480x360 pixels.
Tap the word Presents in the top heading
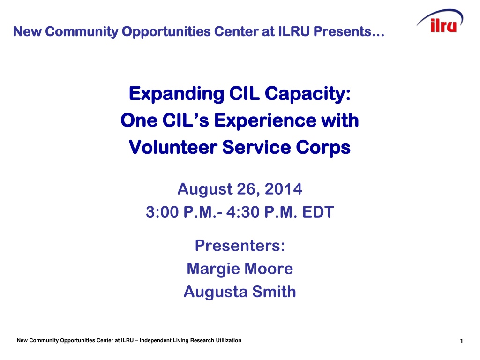click(349, 31)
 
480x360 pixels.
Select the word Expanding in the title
click(177, 94)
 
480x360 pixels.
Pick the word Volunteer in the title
click(173, 147)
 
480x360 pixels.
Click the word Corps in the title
click(323, 148)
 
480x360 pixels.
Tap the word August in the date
click(205, 189)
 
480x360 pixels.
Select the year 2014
click(284, 188)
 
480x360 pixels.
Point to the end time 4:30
click(243, 212)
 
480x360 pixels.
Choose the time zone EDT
click(318, 212)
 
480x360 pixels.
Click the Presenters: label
click(240, 246)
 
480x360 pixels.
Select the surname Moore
click(269, 269)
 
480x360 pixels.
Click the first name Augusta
click(216, 292)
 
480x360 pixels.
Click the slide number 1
click(461, 341)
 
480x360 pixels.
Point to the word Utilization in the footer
click(228, 340)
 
